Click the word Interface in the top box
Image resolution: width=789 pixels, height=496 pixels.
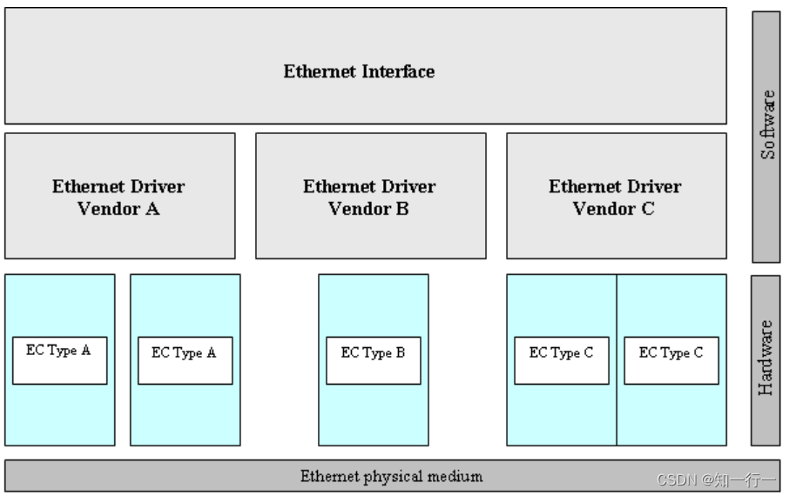pos(395,71)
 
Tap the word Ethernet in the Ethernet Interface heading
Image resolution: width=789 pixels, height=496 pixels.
pos(318,71)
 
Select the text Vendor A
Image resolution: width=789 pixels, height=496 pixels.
pos(118,209)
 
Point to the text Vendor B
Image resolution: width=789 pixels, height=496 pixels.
pos(369,209)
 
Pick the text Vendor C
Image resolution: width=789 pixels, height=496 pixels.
pos(615,209)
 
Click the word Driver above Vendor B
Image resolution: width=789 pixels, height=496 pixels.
pos(407,187)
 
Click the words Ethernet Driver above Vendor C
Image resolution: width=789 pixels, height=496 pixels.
pos(615,187)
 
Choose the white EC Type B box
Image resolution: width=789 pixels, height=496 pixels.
pos(373,359)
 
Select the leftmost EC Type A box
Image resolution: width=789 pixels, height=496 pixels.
pos(59,359)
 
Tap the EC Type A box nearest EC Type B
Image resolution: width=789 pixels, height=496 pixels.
pos(185,359)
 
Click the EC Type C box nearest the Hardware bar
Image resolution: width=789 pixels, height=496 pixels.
pos(671,359)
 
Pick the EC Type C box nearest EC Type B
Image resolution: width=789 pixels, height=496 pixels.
pos(561,359)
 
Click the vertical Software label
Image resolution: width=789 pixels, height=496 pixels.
pos(767,124)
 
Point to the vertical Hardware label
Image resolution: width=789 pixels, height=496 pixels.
pos(766,358)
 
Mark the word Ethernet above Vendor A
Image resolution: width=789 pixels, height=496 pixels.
pos(83,187)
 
